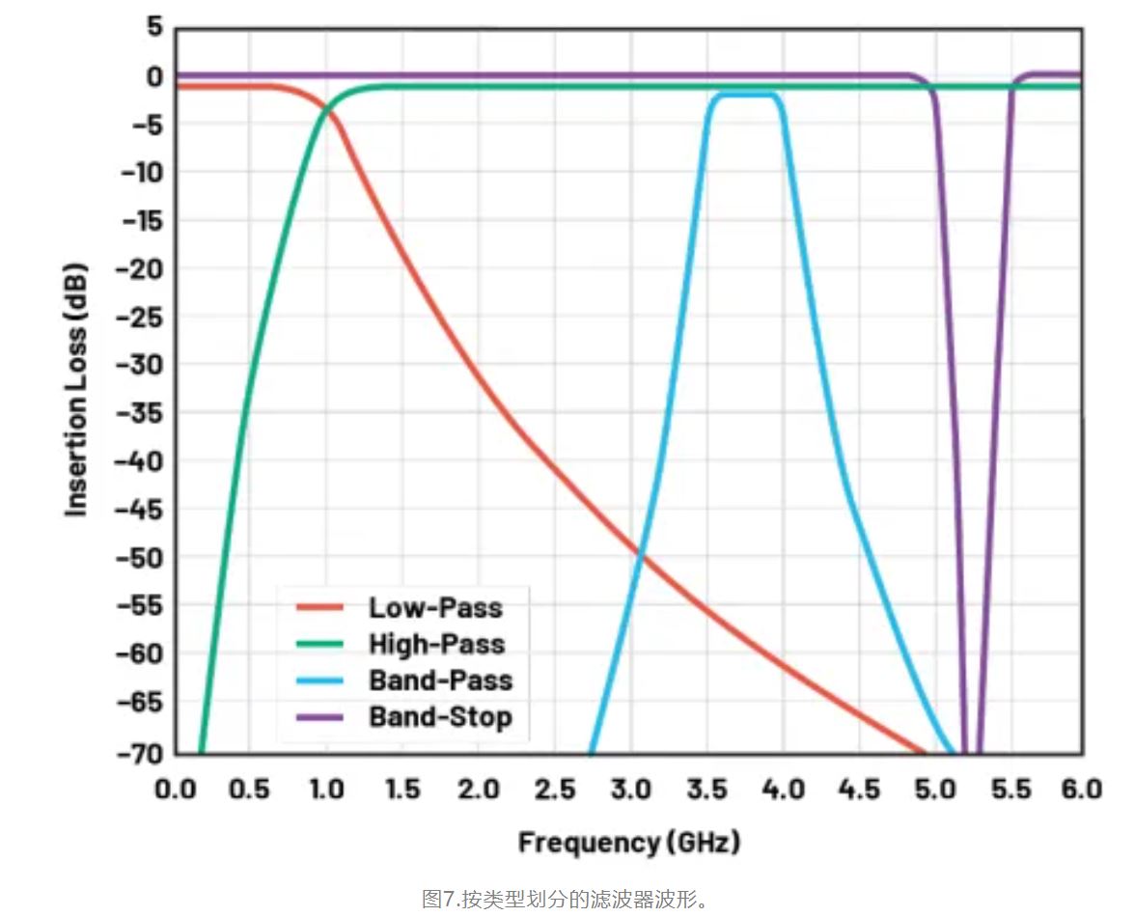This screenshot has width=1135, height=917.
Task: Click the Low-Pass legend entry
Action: [435, 607]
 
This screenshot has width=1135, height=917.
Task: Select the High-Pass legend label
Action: [436, 644]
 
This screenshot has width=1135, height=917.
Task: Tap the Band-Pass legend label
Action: [440, 681]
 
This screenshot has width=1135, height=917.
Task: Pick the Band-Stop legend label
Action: [440, 717]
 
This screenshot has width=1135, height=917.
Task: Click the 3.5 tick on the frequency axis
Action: [707, 790]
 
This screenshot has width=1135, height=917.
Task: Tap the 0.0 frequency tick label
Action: [176, 790]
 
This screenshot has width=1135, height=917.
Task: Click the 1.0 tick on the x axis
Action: [327, 790]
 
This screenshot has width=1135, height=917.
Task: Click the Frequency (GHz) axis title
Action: [629, 842]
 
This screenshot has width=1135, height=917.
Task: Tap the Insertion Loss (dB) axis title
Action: [78, 389]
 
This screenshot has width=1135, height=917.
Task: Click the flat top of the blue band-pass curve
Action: [743, 95]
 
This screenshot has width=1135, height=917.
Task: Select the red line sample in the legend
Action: [319, 607]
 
